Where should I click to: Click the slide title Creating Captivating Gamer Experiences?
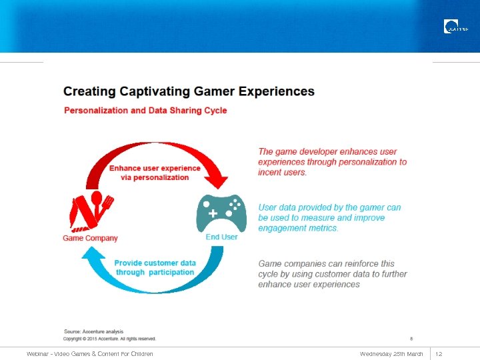click(x=189, y=91)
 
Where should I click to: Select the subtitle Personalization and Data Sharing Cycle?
click(x=145, y=111)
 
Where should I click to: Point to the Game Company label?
click(x=90, y=238)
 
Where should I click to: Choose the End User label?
click(x=221, y=237)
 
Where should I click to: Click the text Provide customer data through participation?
click(x=155, y=267)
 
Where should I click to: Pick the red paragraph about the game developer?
click(x=332, y=162)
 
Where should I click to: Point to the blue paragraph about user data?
click(x=329, y=217)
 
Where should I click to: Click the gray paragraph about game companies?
click(x=332, y=274)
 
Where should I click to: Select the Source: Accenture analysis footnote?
click(x=93, y=331)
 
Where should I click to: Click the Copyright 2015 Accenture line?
click(x=109, y=339)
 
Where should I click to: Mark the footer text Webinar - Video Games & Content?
click(x=90, y=353)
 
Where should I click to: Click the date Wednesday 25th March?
click(x=391, y=353)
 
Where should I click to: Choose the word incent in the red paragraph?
click(x=270, y=173)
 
